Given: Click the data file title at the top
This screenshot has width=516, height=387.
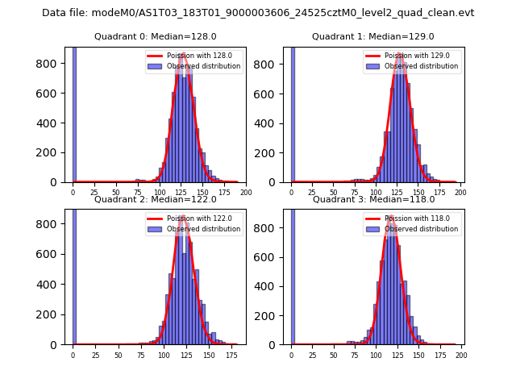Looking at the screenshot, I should coord(258,13).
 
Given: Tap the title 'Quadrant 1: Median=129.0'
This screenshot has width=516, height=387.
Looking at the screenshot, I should coord(372,36).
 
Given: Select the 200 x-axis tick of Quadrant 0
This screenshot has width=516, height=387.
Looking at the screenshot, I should coord(246,193).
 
